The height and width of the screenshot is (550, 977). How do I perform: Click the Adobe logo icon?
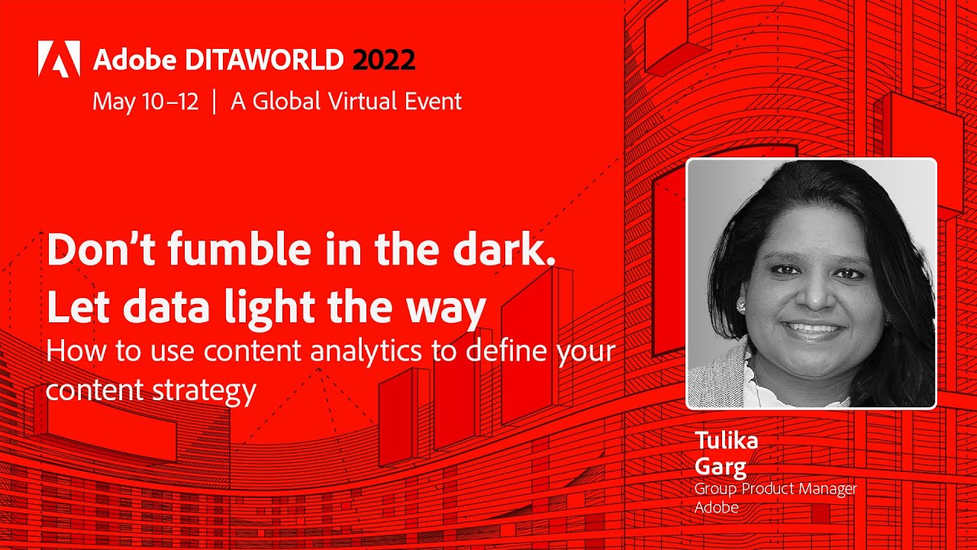tap(59, 59)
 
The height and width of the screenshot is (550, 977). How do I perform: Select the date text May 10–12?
tap(145, 102)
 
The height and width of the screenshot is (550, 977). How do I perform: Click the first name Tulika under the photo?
tap(726, 442)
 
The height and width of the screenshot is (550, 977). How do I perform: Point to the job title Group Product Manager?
tap(775, 489)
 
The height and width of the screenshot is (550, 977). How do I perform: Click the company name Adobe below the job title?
tap(716, 506)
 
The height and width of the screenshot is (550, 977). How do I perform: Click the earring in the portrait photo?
tap(740, 306)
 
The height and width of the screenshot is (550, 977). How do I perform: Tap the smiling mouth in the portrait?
tap(812, 330)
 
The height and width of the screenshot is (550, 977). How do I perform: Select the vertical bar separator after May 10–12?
tap(214, 102)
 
